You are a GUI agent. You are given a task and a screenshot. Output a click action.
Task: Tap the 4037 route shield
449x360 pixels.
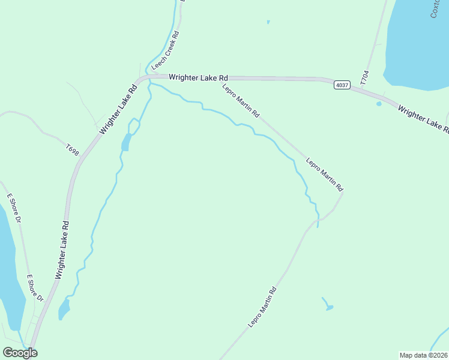tap(342, 85)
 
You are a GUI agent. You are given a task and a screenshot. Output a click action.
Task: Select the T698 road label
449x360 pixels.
tap(73, 149)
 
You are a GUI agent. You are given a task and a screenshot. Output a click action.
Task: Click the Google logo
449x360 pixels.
tap(20, 353)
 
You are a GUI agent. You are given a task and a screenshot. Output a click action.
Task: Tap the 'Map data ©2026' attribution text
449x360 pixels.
tap(423, 355)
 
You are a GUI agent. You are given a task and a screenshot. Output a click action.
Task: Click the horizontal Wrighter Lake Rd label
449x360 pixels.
tap(199, 77)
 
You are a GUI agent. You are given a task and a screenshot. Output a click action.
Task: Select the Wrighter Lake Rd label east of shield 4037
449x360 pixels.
tap(423, 118)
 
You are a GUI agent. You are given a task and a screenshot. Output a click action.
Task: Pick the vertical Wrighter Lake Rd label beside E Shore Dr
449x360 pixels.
tap(62, 250)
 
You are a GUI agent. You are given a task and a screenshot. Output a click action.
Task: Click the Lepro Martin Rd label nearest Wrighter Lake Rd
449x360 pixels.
tap(241, 100)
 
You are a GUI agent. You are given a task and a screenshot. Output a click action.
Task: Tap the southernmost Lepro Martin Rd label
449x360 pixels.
tap(262, 307)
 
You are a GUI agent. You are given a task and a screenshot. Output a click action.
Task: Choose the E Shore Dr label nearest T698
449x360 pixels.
tap(14, 208)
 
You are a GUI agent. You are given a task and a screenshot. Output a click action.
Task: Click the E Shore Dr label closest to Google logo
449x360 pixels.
tap(35, 289)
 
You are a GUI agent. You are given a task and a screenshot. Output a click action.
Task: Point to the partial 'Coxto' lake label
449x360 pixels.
tap(436, 8)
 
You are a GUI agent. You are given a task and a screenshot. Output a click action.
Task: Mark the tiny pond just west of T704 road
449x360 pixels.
tap(379, 103)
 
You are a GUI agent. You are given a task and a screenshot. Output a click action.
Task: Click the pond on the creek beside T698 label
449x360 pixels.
tap(125, 143)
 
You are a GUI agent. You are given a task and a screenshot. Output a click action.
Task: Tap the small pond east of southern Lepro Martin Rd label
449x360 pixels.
tap(328, 307)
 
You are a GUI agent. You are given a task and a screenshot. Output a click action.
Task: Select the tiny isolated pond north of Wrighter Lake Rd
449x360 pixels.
tap(268, 23)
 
